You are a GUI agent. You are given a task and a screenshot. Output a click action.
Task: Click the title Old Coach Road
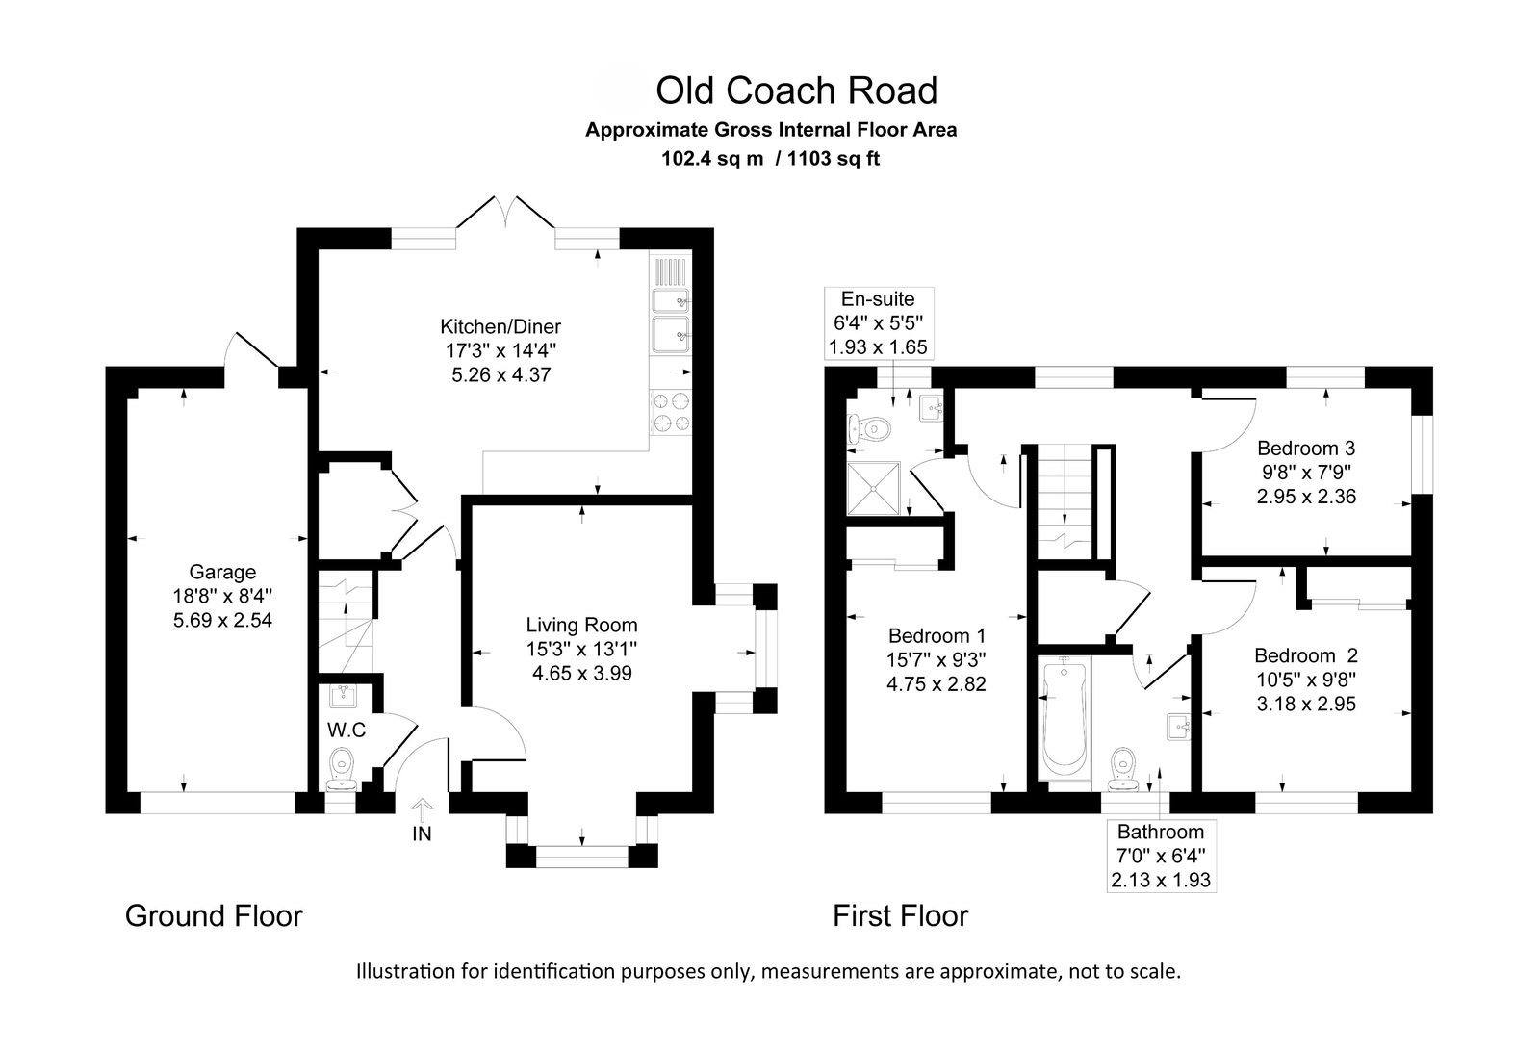796,90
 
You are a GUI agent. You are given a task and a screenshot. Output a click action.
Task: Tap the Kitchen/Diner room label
500,326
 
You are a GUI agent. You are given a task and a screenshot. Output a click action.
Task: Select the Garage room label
222,573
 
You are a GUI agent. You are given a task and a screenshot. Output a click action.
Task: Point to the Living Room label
581,626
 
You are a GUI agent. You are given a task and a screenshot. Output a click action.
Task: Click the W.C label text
346,730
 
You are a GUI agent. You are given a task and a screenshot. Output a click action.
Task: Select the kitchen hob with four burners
671,411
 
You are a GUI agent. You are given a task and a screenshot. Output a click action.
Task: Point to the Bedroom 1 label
937,636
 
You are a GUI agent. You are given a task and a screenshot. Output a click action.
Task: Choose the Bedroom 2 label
1305,655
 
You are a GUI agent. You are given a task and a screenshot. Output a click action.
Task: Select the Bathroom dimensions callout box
1161,856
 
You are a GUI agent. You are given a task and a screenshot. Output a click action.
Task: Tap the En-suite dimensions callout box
878,322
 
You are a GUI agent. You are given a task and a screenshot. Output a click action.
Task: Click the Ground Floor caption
214,915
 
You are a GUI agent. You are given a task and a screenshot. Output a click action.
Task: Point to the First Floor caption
900,915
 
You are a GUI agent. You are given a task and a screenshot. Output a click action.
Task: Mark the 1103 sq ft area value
834,159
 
